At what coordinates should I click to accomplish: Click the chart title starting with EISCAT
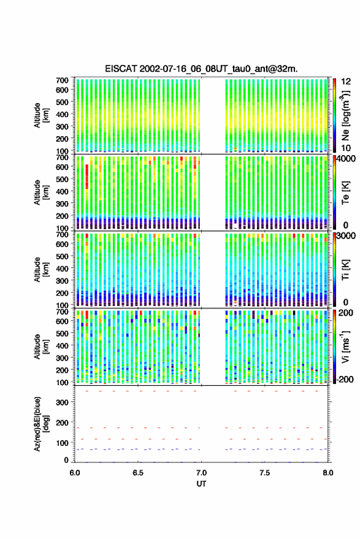click(201, 69)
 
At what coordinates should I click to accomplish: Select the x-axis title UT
click(201, 484)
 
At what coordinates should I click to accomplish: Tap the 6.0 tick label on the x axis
click(75, 473)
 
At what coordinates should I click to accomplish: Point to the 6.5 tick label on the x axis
click(138, 473)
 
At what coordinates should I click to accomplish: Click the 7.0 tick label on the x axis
click(201, 473)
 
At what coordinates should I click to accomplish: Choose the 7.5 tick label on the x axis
click(264, 473)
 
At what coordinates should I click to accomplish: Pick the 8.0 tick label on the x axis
click(327, 473)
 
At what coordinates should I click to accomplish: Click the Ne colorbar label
click(345, 115)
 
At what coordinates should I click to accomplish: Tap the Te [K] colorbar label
click(345, 193)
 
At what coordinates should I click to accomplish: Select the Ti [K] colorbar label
click(345, 270)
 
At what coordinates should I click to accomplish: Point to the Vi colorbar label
click(345, 346)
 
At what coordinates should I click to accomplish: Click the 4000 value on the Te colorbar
click(347, 159)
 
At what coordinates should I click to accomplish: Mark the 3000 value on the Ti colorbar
click(347, 236)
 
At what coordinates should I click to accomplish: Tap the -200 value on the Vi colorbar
click(344, 380)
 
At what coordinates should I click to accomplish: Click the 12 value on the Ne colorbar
click(347, 82)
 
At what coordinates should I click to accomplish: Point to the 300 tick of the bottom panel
click(62, 402)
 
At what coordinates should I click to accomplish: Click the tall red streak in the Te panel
click(87, 177)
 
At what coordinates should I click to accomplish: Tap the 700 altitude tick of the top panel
click(62, 80)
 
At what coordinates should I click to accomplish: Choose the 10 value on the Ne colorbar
click(347, 148)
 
